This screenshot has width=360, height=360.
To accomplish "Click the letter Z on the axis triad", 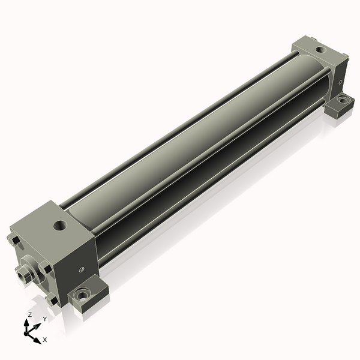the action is click(x=29, y=314).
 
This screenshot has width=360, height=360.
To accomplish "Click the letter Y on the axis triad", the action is click(x=45, y=319).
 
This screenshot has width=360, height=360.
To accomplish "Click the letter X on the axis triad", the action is click(x=45, y=340).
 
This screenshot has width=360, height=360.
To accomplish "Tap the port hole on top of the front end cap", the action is click(x=59, y=225).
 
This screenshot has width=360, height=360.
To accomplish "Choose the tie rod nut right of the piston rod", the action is click(x=45, y=268).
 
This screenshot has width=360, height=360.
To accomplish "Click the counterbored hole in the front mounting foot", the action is click(x=82, y=295).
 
